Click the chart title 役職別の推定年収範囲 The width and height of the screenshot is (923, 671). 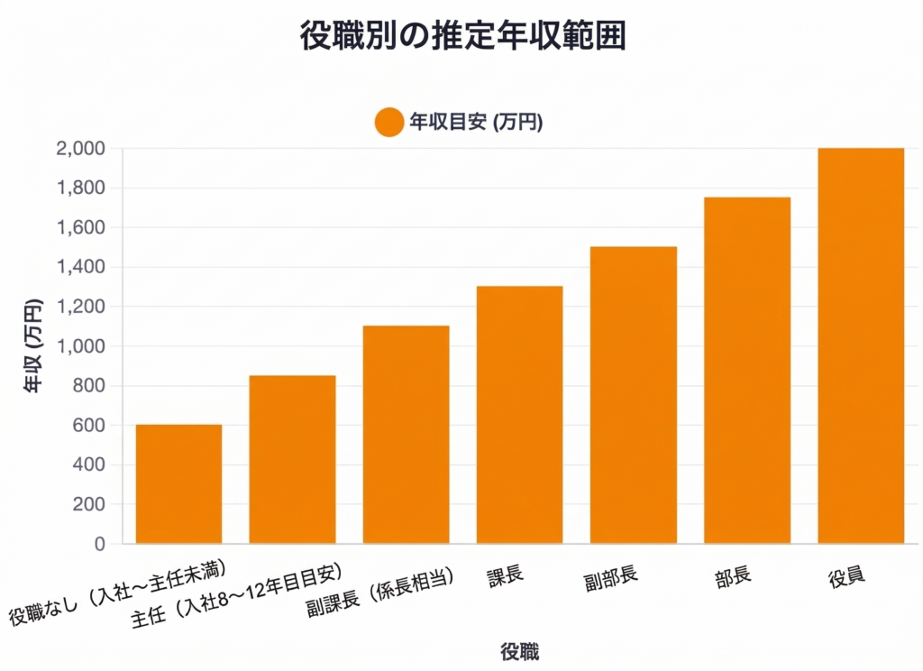[x=461, y=37]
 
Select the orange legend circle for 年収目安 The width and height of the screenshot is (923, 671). [x=388, y=122]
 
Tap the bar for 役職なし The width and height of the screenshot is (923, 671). [x=178, y=484]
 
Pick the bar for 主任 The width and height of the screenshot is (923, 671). [x=292, y=459]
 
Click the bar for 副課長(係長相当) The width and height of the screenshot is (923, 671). [x=406, y=435]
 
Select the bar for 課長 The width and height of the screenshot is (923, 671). [x=519, y=415]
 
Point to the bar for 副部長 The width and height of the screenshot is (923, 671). [x=633, y=395]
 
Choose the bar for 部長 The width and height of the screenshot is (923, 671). [x=746, y=371]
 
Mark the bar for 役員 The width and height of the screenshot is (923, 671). [x=860, y=345]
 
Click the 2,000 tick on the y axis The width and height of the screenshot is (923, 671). [x=81, y=149]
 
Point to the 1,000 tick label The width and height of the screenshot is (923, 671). [x=81, y=346]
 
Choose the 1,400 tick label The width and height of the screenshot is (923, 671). [x=81, y=268]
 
